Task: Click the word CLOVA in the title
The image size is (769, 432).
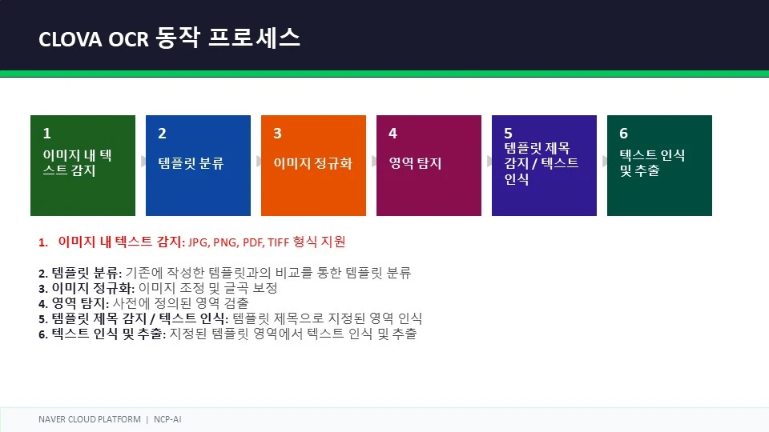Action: coord(70,40)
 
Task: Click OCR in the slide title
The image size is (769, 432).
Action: coord(128,40)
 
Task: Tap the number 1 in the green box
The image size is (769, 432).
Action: coord(46,134)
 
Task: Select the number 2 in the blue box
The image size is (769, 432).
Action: coord(162,134)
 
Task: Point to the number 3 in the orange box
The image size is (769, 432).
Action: coord(277,134)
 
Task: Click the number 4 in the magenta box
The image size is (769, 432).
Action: coord(393,134)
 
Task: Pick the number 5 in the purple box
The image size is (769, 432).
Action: coord(508,134)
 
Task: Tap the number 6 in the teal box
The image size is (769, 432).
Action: coord(623,134)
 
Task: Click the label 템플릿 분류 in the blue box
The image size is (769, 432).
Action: coord(191,163)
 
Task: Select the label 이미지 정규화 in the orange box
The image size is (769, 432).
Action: coord(313,163)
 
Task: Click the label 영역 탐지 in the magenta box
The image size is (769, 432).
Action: coord(415,163)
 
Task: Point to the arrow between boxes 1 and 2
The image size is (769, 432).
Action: coord(143,161)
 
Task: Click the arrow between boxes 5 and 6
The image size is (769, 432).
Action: coord(605,161)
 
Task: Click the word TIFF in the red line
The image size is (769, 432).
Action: coord(278,242)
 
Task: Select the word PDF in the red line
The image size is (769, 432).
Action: coord(253,242)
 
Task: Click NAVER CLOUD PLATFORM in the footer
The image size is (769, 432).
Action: coord(89,419)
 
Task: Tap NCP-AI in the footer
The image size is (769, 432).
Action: coord(167,419)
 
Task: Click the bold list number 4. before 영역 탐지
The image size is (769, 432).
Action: coord(43,304)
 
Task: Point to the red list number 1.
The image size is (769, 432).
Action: coord(43,242)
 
